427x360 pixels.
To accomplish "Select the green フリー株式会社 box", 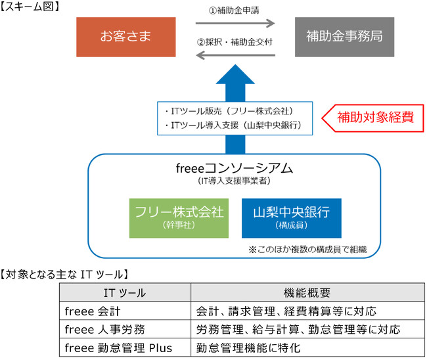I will click(179, 217).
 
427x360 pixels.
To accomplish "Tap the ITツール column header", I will click(125, 292).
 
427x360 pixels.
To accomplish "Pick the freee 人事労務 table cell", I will click(102, 329).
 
